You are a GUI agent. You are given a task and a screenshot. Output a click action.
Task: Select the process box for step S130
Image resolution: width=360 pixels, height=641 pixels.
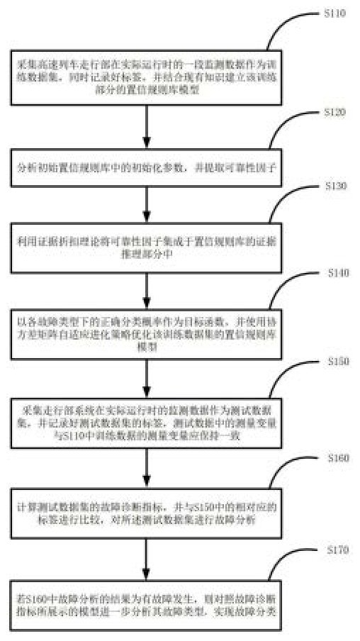(x=146, y=250)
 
